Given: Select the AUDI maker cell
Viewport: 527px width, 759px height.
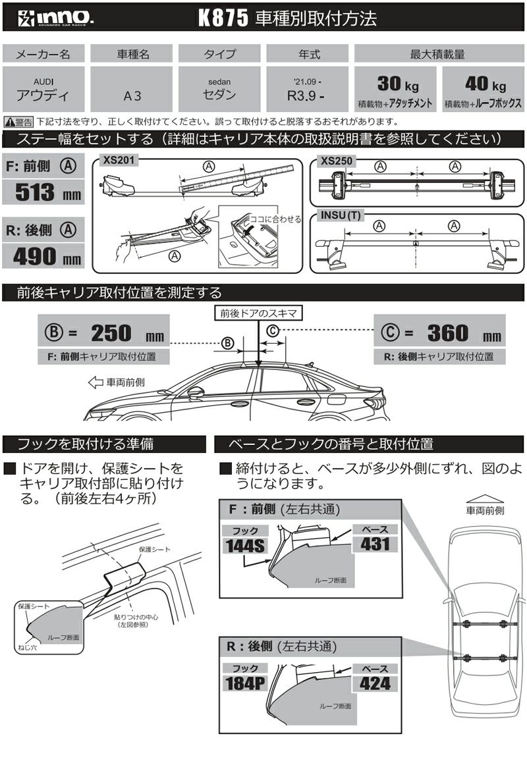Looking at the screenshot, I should (43, 89).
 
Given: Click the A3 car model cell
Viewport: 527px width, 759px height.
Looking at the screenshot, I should (131, 94).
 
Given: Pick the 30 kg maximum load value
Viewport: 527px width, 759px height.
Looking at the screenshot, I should (395, 84).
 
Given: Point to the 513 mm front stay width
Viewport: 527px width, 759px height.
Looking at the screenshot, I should (43, 192).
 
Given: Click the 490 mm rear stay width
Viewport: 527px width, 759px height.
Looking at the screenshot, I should (43, 255).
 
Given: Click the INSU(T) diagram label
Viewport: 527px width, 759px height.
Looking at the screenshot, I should (339, 215).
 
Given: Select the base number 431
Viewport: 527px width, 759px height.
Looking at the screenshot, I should (375, 544).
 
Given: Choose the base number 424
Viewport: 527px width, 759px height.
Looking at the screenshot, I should (375, 683).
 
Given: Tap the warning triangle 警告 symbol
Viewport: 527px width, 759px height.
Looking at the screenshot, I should (10, 122).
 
